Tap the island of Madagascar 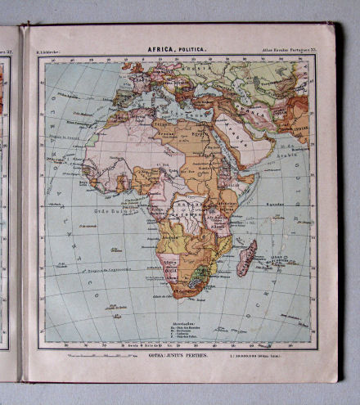(246, 257)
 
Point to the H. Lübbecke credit (53, 52)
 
